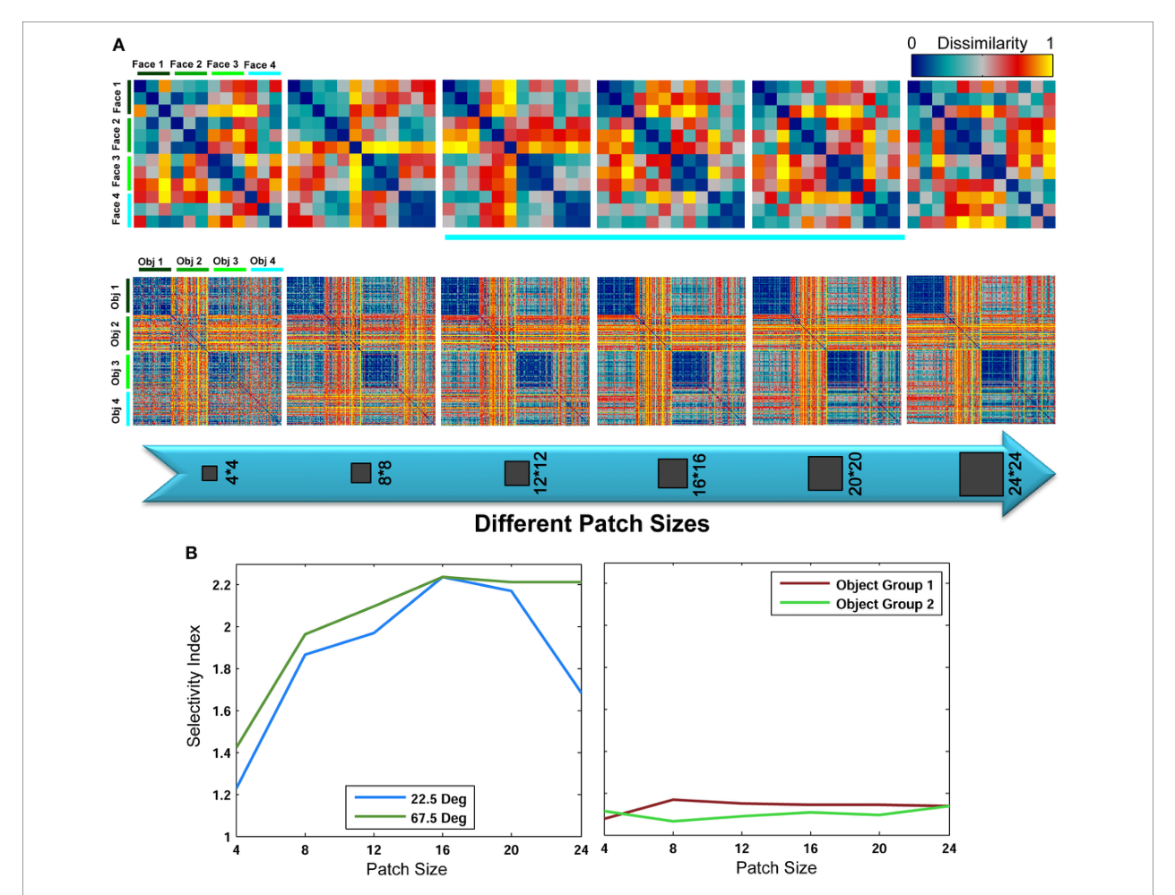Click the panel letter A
point(118,45)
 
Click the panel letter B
point(191,553)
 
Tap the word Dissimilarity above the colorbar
point(981,43)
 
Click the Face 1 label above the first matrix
point(148,65)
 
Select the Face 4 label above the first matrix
point(260,65)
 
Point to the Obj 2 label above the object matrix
point(189,261)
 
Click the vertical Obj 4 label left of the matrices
point(116,409)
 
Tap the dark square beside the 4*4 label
point(210,473)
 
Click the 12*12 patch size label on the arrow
point(540,473)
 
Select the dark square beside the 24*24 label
point(981,474)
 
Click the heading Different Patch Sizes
point(592,523)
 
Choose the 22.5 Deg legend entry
point(410,799)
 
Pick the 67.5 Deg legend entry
point(410,818)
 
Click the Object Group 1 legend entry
point(857,585)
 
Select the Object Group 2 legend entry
point(857,604)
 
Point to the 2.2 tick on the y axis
point(221,585)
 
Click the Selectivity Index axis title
point(194,686)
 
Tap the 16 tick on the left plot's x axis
point(442,850)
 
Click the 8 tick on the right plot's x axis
point(673,848)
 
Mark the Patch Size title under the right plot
point(776,868)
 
